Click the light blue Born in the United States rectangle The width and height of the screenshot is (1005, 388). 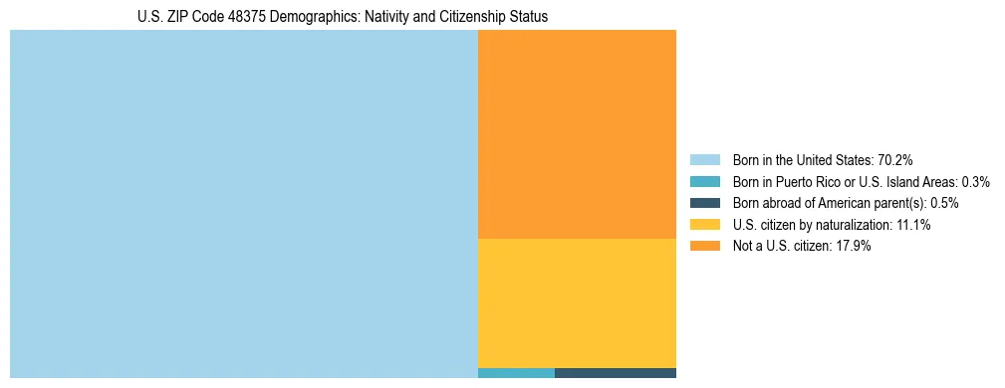[244, 204]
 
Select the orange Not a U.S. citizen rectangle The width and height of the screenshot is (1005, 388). [577, 134]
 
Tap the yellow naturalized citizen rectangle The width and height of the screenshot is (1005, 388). [577, 303]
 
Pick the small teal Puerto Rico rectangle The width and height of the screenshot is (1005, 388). [516, 373]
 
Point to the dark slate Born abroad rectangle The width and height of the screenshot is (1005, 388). [615, 373]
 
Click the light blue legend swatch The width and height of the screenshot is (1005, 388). [704, 160]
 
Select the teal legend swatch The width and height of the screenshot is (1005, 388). [704, 182]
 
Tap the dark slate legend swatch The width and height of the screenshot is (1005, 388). [704, 203]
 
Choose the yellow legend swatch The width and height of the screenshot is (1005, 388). [704, 225]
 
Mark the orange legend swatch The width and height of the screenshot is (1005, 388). [704, 247]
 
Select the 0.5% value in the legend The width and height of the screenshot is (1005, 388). [944, 203]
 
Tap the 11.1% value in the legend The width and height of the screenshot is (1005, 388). [913, 225]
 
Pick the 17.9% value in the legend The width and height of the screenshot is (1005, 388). [854, 247]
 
